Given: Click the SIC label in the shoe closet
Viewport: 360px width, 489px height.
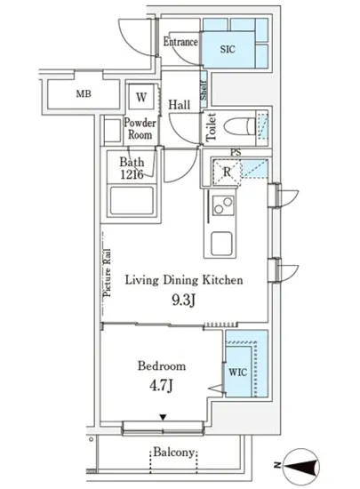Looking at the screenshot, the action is (x=228, y=49).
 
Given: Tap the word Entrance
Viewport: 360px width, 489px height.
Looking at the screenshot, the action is (x=180, y=42).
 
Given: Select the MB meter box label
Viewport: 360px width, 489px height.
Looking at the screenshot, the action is (x=84, y=93).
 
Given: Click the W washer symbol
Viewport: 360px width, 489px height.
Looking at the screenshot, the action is (x=141, y=97).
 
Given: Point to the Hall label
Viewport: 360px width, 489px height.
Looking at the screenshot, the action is (x=180, y=105).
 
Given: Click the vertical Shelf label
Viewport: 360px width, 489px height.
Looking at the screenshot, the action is (x=204, y=90).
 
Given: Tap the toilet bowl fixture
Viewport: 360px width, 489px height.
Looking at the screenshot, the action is (x=240, y=127).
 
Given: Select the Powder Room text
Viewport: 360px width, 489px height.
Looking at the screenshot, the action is (x=140, y=129).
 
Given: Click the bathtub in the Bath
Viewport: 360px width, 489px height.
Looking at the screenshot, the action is (x=132, y=201).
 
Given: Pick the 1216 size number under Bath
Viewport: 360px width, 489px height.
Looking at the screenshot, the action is (x=132, y=174).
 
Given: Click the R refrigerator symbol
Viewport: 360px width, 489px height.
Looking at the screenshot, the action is (x=227, y=172).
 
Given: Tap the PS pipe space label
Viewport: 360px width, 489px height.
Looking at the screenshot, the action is (x=236, y=153).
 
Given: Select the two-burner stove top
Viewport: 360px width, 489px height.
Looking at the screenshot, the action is (x=223, y=205).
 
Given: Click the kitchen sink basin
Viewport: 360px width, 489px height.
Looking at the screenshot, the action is (x=221, y=244).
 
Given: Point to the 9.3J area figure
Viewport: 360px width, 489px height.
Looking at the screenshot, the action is (x=184, y=301).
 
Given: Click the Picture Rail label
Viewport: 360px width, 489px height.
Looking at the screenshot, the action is (x=107, y=273).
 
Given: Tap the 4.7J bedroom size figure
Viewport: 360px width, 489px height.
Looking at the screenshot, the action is (x=161, y=386).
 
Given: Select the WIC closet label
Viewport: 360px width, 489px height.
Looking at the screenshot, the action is (x=238, y=372).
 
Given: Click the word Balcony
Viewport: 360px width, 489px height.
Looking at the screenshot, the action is (x=174, y=453).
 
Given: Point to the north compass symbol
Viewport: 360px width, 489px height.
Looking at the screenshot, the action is (x=301, y=466).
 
